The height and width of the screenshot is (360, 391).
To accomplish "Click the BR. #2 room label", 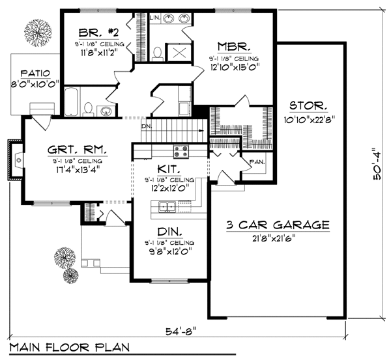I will [96, 32].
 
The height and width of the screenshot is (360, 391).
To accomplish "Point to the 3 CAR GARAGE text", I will [278, 225].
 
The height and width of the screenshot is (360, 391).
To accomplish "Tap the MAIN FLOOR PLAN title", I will [70, 346].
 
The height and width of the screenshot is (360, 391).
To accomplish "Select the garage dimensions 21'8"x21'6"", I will [278, 238].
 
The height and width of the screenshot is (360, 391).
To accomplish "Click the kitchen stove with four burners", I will [181, 152].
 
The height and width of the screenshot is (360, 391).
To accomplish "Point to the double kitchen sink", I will [166, 207].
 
